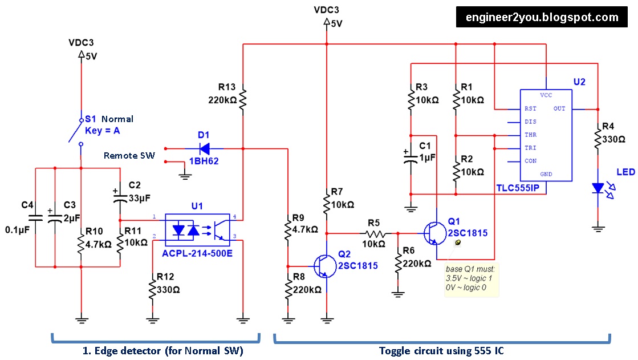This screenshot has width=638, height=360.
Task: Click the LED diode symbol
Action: click(x=598, y=188)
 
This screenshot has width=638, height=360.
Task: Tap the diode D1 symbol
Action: click(x=204, y=149)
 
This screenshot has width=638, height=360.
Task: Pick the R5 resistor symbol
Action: click(x=374, y=233)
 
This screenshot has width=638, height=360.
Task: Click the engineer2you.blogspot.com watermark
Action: click(x=542, y=17)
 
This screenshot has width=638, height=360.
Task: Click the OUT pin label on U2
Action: click(x=559, y=108)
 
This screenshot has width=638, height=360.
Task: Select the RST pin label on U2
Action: click(x=530, y=108)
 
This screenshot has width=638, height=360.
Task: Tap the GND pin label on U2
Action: click(x=546, y=173)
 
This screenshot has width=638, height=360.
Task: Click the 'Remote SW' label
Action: click(x=129, y=155)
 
